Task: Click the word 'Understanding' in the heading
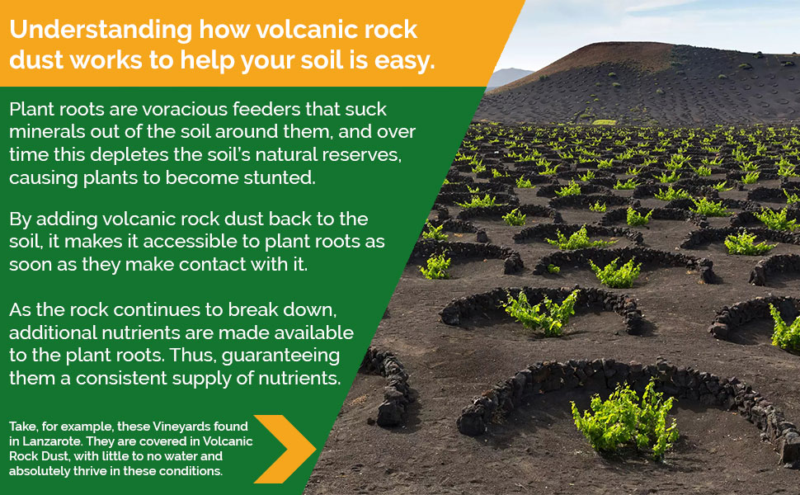coord(100,30)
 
